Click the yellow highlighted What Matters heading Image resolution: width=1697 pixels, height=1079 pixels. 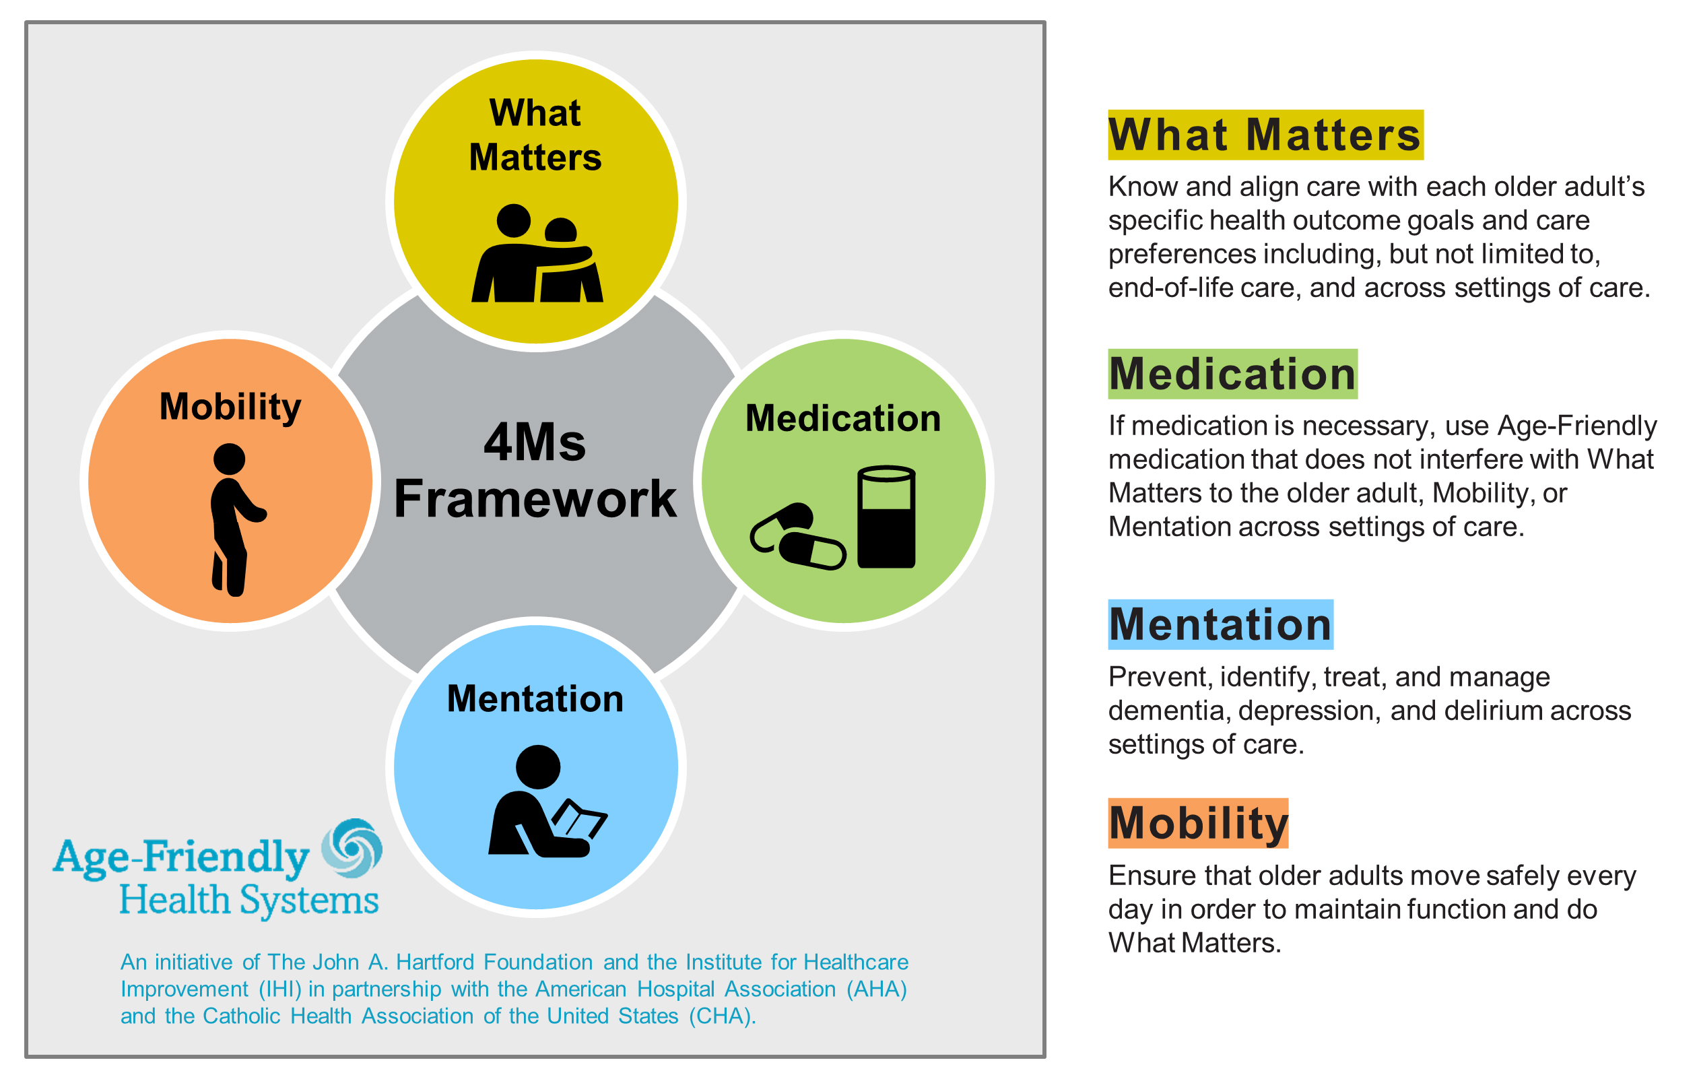pyautogui.click(x=1264, y=135)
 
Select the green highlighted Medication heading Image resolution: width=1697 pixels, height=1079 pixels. pyautogui.click(x=1232, y=374)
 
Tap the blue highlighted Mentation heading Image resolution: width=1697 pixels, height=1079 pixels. pyautogui.click(x=1220, y=624)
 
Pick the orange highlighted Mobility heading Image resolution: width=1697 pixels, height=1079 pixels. pyautogui.click(x=1197, y=823)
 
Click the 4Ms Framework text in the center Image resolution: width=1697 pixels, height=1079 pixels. pyautogui.click(x=535, y=471)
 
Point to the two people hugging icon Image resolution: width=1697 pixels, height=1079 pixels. pyautogui.click(x=537, y=254)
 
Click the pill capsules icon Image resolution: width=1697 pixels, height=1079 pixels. pyautogui.click(x=797, y=537)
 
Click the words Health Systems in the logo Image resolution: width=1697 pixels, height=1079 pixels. pyautogui.click(x=248, y=900)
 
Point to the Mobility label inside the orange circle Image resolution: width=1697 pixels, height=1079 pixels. pyautogui.click(x=230, y=407)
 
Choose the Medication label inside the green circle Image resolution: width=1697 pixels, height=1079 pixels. pyautogui.click(x=843, y=418)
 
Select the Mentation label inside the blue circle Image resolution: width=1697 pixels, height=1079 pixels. pyautogui.click(x=535, y=698)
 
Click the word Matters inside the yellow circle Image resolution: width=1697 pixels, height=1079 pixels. pyautogui.click(x=535, y=157)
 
